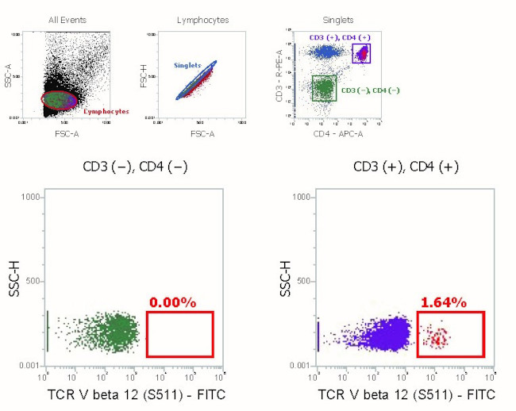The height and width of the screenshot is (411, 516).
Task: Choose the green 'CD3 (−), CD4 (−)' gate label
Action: point(371,90)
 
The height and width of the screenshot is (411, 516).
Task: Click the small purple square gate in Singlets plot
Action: point(361,54)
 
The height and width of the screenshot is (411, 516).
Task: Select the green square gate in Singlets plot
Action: point(324,88)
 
